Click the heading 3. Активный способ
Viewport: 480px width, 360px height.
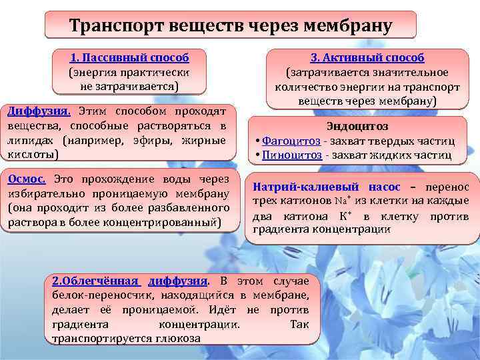[x=367, y=58]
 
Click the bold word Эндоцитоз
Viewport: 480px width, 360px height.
[x=357, y=126]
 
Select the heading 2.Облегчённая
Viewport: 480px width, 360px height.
[x=95, y=281]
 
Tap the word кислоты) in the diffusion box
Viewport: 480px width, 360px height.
[x=33, y=155]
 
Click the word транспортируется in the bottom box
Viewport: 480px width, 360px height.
[x=98, y=339]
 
